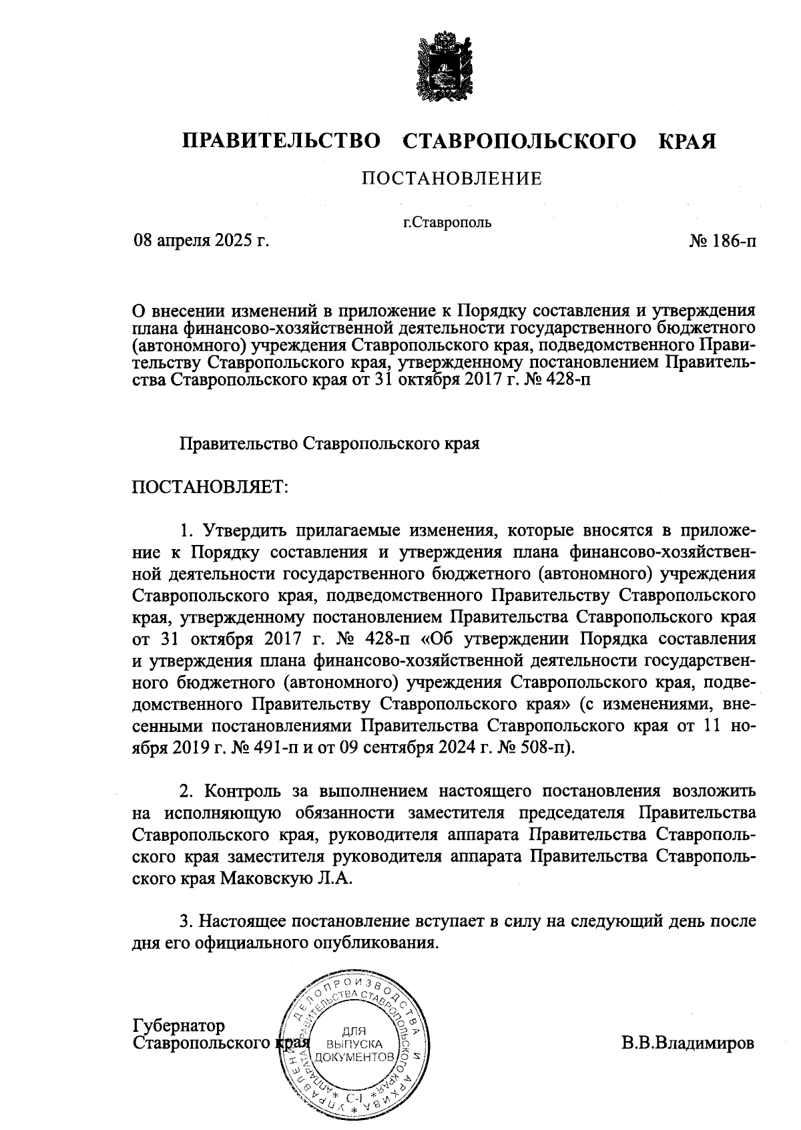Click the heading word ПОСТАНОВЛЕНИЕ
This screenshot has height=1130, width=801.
pyautogui.click(x=451, y=178)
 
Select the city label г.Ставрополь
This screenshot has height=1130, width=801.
pyautogui.click(x=447, y=222)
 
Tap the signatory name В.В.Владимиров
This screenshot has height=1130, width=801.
pyautogui.click(x=688, y=1043)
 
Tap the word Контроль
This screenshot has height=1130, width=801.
pyautogui.click(x=242, y=791)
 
